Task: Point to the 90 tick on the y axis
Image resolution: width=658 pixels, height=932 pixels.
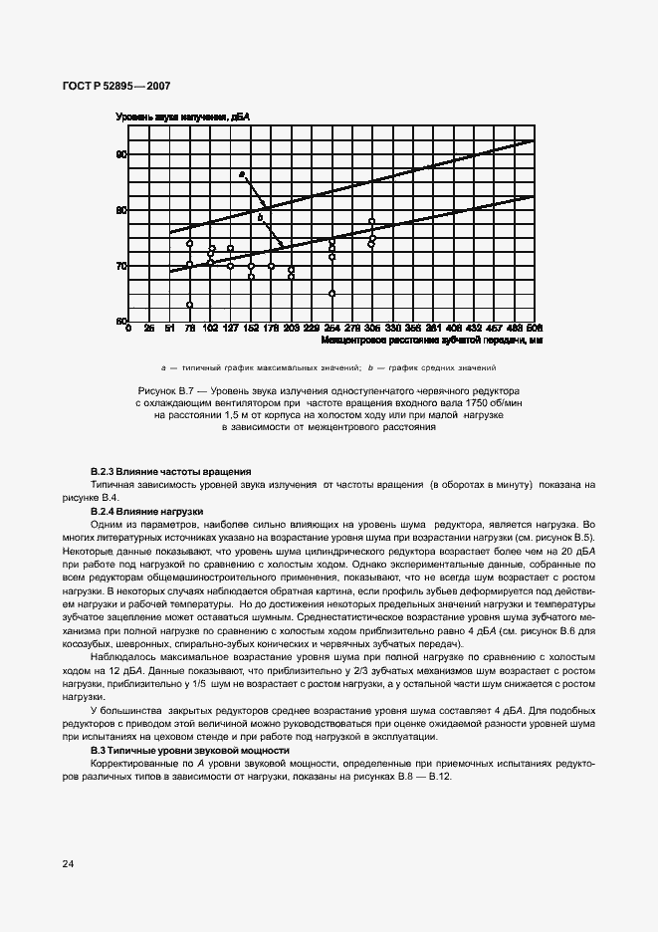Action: pyautogui.click(x=121, y=155)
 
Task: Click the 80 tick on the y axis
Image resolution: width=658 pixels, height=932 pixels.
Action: pyautogui.click(x=121, y=211)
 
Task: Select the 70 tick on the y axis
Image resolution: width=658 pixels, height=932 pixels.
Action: pyautogui.click(x=121, y=266)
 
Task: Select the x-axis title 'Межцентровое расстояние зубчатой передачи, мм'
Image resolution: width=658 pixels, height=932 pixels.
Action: pyautogui.click(x=432, y=340)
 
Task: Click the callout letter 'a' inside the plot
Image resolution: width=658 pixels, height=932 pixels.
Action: pyautogui.click(x=241, y=175)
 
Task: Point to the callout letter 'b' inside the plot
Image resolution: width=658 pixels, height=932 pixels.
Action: pyautogui.click(x=260, y=217)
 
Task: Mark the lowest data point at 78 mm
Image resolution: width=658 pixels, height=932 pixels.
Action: pyautogui.click(x=189, y=305)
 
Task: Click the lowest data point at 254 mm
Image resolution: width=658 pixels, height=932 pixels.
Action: pyautogui.click(x=331, y=294)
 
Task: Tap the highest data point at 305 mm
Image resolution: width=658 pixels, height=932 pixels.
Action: pyautogui.click(x=371, y=222)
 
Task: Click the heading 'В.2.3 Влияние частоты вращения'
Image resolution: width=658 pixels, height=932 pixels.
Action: pyautogui.click(x=170, y=470)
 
